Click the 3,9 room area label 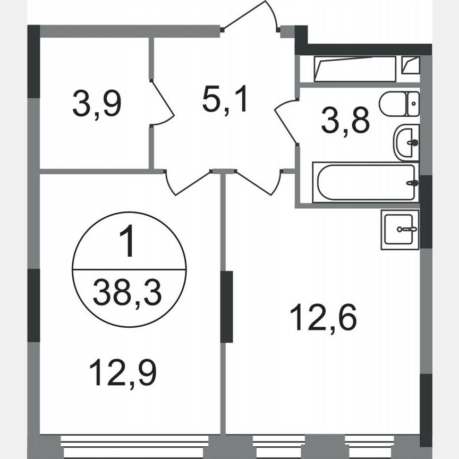coord(97,104)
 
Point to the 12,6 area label coord(323,318)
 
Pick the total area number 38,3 coord(127,293)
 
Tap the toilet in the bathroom coord(399,104)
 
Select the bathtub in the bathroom coord(364,183)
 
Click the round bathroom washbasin coord(406,142)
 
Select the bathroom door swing coord(286,122)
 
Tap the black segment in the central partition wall coord(227,307)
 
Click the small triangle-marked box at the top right coord(411,66)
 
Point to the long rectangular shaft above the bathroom coord(355,69)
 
